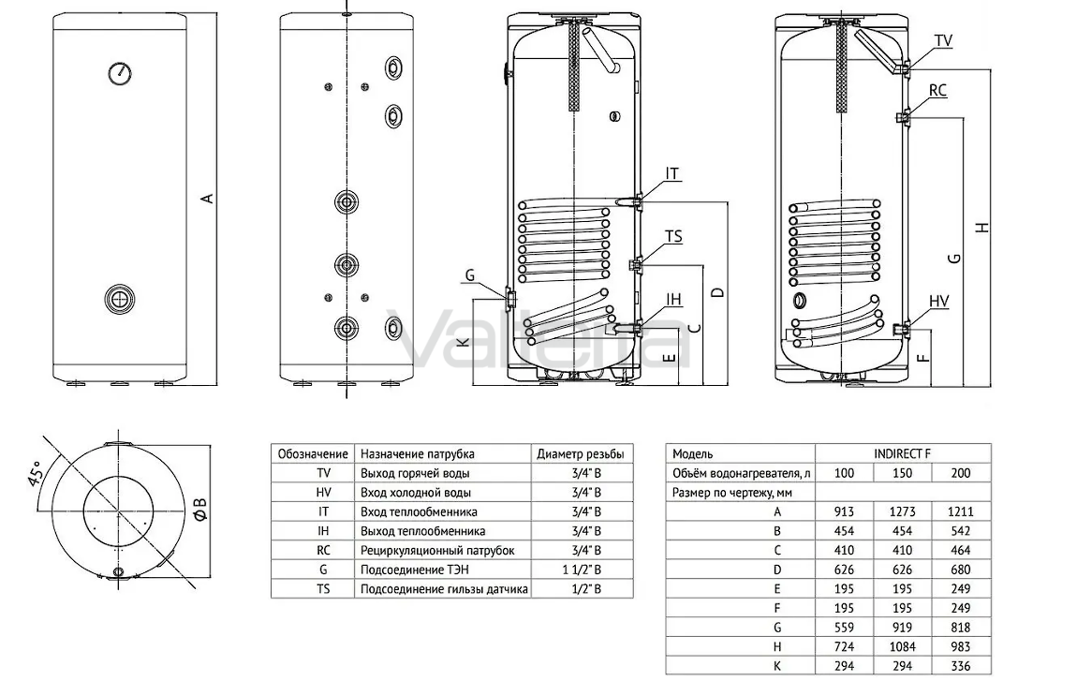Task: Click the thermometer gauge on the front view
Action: (x=120, y=73)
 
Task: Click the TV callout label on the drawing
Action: (x=944, y=40)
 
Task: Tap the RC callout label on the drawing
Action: (x=937, y=90)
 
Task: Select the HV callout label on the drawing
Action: (x=939, y=301)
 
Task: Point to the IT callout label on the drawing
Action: (x=671, y=174)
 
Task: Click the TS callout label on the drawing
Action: (x=673, y=236)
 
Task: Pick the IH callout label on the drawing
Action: (x=673, y=298)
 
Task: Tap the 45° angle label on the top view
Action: (x=35, y=472)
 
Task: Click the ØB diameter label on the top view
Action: (x=199, y=507)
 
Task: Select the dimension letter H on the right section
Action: (x=983, y=227)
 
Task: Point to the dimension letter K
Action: (x=465, y=339)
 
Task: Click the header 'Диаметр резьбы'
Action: (x=581, y=453)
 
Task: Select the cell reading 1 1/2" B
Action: (x=582, y=570)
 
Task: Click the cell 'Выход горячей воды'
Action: (x=415, y=473)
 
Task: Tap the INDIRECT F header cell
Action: (x=903, y=453)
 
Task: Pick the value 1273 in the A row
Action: (x=903, y=511)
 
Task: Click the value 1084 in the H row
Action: (x=903, y=646)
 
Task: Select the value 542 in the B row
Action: (x=961, y=530)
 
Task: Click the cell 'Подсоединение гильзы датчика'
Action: (x=445, y=589)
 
